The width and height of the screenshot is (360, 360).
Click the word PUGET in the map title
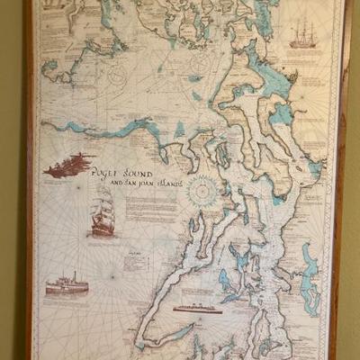115,172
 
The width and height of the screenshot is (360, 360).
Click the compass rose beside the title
202,190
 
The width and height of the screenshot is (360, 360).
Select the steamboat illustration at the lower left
67,284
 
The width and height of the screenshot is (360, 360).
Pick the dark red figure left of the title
69,165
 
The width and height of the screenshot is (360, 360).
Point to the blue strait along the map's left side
99,131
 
